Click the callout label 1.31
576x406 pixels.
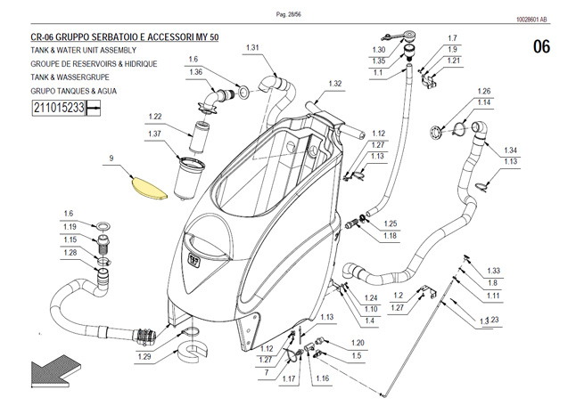click(252, 48)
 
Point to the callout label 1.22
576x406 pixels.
click(155, 117)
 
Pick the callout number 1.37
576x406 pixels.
click(154, 134)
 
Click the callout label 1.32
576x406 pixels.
click(335, 84)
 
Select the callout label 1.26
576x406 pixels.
click(484, 92)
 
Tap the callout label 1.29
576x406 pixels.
click(144, 356)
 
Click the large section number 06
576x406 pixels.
click(541, 47)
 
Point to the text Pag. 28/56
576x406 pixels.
click(288, 14)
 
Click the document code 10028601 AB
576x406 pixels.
click(531, 20)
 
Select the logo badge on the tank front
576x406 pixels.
click(193, 258)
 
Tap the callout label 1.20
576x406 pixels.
click(358, 343)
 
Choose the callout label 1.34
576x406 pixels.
click(510, 150)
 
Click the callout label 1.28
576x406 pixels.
click(70, 253)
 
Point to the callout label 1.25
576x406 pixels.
click(391, 223)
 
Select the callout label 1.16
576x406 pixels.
click(322, 378)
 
